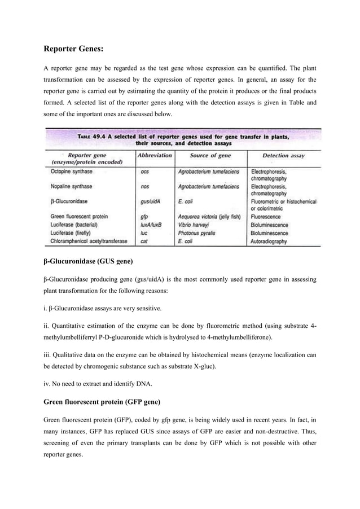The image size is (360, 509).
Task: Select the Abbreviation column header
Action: click(155, 155)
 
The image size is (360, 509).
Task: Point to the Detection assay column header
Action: click(283, 155)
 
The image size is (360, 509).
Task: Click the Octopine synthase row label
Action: click(72, 171)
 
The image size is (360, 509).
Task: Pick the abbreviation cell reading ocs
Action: click(145, 171)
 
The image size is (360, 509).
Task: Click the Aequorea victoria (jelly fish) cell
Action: click(209, 217)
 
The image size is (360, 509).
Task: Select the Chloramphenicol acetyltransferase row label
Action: click(89, 241)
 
